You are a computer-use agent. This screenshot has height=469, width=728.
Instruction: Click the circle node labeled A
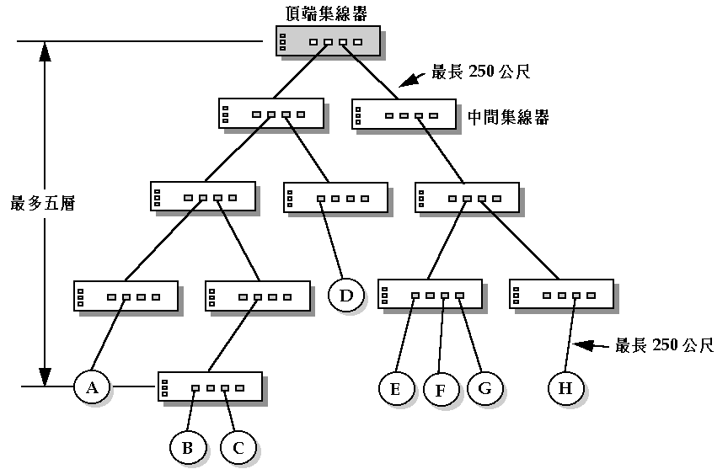pyautogui.click(x=93, y=387)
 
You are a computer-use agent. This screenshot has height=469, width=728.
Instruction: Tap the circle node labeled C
pyautogui.click(x=238, y=448)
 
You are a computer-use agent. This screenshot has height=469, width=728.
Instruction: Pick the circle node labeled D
pyautogui.click(x=346, y=295)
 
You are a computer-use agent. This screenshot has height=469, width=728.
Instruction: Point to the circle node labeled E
pyautogui.click(x=396, y=388)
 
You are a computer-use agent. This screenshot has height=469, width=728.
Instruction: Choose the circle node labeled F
pyautogui.click(x=440, y=390)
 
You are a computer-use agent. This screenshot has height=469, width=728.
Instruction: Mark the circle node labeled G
pyautogui.click(x=484, y=388)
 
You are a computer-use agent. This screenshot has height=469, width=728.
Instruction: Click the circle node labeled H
pyautogui.click(x=565, y=388)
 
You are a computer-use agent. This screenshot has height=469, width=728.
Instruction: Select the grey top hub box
pyautogui.click(x=329, y=41)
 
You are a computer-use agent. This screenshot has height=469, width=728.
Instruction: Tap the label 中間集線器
pyautogui.click(x=508, y=117)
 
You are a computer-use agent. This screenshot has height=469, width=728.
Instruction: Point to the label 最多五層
pyautogui.click(x=43, y=204)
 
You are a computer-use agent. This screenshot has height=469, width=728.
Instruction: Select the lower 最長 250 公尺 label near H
pyautogui.click(x=665, y=345)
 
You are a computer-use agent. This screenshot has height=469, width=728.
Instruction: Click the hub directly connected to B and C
pyautogui.click(x=209, y=388)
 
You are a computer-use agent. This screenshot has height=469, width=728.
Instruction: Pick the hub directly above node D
pyautogui.click(x=335, y=197)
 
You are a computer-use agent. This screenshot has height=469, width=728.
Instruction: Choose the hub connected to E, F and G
pyautogui.click(x=431, y=295)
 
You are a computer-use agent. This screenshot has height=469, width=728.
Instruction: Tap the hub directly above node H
pyautogui.click(x=561, y=295)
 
